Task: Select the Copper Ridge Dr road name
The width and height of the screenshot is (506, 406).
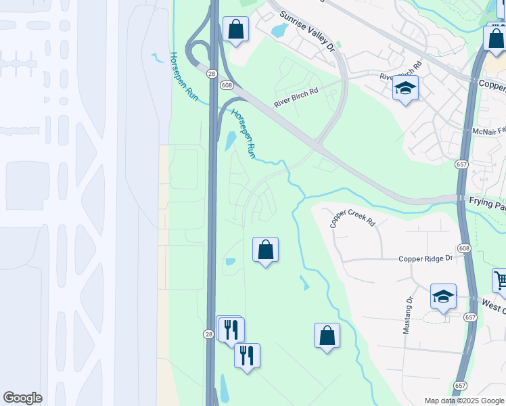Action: pos(424,258)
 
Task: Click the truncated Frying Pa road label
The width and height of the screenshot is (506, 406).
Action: pos(486,202)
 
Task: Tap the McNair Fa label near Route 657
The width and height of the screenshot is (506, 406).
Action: pos(488,131)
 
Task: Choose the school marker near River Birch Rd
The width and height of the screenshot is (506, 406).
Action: pos(405,89)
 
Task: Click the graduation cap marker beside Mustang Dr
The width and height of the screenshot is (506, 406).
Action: pos(443,296)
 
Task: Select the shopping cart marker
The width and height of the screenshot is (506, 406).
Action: pos(501,281)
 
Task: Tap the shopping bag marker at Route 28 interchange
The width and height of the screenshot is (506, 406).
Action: pos(235,30)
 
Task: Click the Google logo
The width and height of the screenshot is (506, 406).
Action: pos(22,398)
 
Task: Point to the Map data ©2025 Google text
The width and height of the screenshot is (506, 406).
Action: pos(463,401)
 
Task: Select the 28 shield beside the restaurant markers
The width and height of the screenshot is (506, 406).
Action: pos(210,334)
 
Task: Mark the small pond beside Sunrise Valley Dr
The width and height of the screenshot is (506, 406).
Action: pos(279,30)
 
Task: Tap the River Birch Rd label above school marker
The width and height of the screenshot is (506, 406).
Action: pos(401,71)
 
